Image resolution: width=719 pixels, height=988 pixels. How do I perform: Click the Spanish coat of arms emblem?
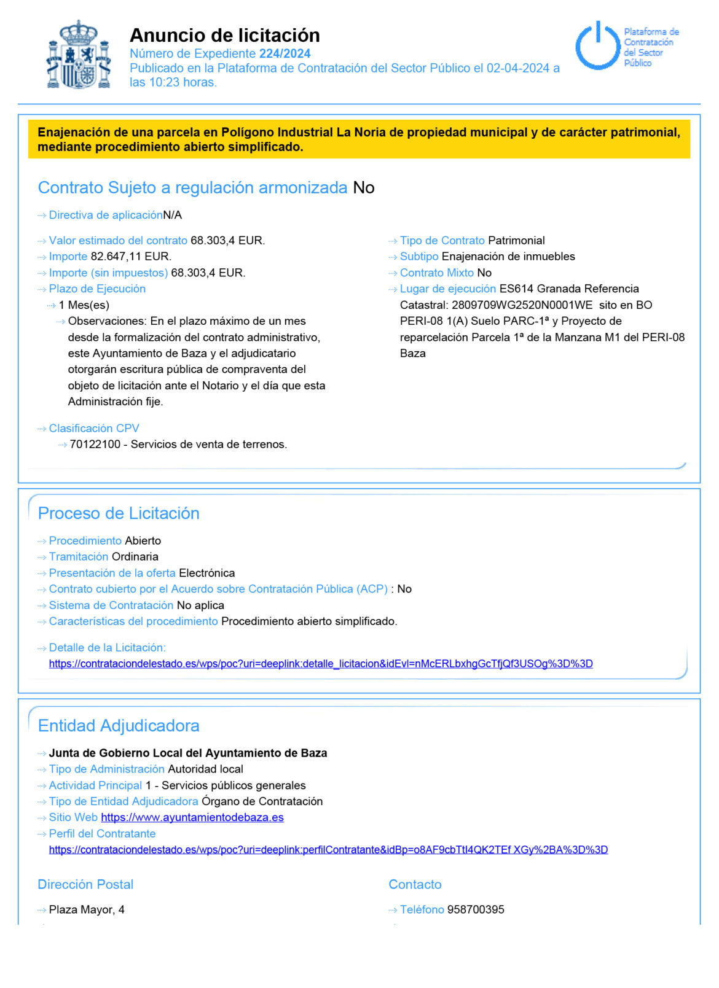tap(79, 55)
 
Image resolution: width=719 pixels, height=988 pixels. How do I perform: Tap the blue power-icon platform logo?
tap(597, 45)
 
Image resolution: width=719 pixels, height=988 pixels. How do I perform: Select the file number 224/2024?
tap(285, 53)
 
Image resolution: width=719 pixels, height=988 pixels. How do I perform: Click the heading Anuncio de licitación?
tap(224, 35)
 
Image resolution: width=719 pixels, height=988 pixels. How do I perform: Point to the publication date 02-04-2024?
tap(517, 68)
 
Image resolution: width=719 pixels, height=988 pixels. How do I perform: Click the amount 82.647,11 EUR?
tap(130, 257)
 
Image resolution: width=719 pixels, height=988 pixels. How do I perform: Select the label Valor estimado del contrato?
tap(118, 241)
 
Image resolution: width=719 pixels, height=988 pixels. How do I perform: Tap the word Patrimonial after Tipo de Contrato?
tap(516, 241)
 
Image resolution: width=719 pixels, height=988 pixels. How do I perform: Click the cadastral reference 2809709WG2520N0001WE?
tap(522, 305)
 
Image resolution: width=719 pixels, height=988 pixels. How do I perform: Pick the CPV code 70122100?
tap(95, 445)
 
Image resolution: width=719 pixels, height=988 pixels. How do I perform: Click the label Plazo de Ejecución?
tap(97, 289)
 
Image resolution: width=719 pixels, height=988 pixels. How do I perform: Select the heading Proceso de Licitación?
tap(119, 513)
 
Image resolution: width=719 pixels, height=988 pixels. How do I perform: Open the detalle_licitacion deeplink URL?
tap(321, 664)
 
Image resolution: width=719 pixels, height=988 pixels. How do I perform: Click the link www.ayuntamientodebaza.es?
tap(192, 817)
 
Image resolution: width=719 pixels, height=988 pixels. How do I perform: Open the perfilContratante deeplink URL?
tap(328, 850)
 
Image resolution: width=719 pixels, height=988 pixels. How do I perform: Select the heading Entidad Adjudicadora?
tap(119, 726)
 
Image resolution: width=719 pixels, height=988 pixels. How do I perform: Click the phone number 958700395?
tap(475, 909)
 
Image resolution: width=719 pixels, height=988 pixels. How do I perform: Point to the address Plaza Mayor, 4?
tap(87, 909)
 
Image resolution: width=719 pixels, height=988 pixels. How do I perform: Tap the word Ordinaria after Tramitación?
tap(135, 557)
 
